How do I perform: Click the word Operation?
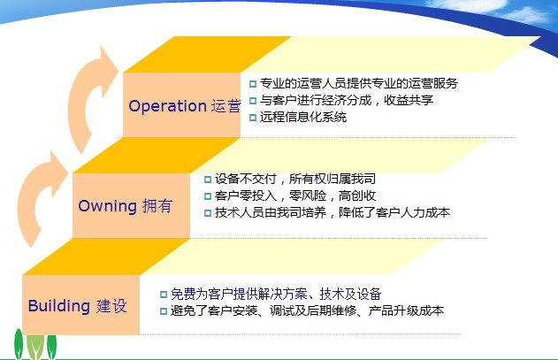pyautogui.click(x=167, y=106)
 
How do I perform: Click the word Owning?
pyautogui.click(x=108, y=206)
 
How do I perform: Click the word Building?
pyautogui.click(x=59, y=306)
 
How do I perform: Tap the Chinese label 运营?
pyautogui.click(x=226, y=106)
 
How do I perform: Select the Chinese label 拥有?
pyautogui.click(x=157, y=206)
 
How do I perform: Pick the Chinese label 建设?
pyautogui.click(x=111, y=306)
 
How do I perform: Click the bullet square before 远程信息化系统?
pyautogui.click(x=253, y=117)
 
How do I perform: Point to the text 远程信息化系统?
pyautogui.click(x=303, y=117)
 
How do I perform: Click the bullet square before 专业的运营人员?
pyautogui.click(x=253, y=84)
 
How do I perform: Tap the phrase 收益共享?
pyautogui.click(x=409, y=100)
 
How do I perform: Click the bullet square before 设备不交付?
pyautogui.click(x=208, y=179)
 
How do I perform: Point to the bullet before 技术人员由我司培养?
pyautogui.click(x=208, y=213)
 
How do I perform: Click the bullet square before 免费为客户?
pyautogui.click(x=164, y=295)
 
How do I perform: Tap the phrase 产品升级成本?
pyautogui.click(x=407, y=310)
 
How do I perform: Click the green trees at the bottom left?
pyautogui.click(x=34, y=344)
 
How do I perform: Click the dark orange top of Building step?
pyautogui.click(x=106, y=257)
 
